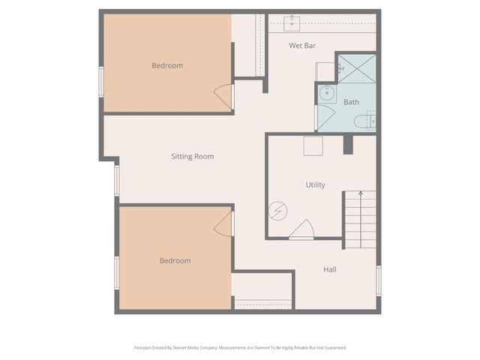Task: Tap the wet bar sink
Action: (x=292, y=22)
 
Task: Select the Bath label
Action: (x=351, y=102)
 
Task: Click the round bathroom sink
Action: (x=327, y=94)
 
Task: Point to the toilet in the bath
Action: (x=364, y=121)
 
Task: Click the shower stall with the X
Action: (x=355, y=68)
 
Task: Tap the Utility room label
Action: (x=315, y=184)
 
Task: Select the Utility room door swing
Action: (x=302, y=230)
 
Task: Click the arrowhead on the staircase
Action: (x=361, y=195)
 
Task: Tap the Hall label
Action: (x=330, y=269)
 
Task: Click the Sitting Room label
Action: (x=193, y=157)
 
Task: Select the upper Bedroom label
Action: (x=167, y=66)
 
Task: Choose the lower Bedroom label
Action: (x=175, y=261)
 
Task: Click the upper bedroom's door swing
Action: (x=223, y=95)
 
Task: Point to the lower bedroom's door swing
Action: (x=223, y=223)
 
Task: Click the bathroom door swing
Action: (x=325, y=118)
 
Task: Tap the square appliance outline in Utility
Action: (x=313, y=145)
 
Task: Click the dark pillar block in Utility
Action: (x=348, y=145)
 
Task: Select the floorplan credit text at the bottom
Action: (x=239, y=348)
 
